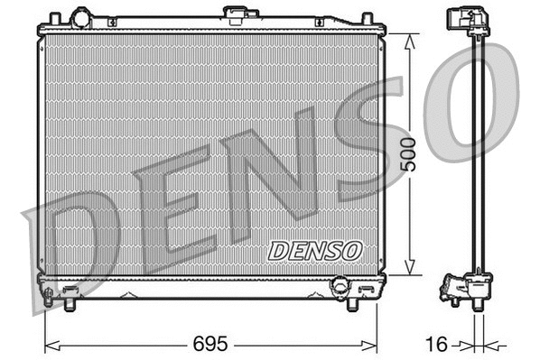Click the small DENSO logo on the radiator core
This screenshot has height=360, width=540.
(x=315, y=249)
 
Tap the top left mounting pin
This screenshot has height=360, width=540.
(x=55, y=19)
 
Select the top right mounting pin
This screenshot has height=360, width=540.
(x=367, y=19)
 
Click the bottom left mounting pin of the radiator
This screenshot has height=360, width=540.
(x=70, y=304)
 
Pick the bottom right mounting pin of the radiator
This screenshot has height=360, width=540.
(x=352, y=304)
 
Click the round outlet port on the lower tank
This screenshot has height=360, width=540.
(x=340, y=285)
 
